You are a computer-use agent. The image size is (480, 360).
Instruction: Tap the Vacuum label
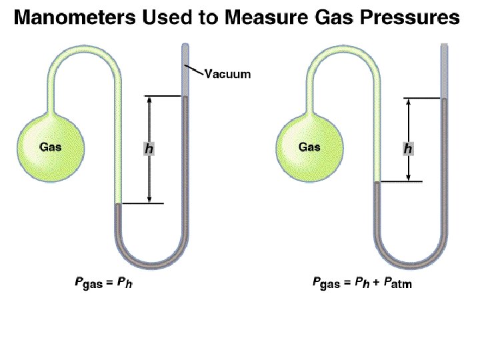coord(227,73)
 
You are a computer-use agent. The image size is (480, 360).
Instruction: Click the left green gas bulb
coord(51,146)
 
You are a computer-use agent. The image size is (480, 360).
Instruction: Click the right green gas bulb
coord(309,146)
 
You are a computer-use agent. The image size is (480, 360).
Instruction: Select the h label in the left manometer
coord(149,149)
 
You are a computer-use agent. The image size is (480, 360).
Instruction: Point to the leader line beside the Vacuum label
coord(194,69)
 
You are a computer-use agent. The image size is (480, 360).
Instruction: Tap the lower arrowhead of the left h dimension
coord(149,199)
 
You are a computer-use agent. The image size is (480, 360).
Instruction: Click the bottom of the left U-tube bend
coord(151,262)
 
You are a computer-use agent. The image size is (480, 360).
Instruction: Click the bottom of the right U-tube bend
coord(410,262)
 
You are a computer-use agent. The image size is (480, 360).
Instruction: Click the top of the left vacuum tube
coord(185,46)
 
